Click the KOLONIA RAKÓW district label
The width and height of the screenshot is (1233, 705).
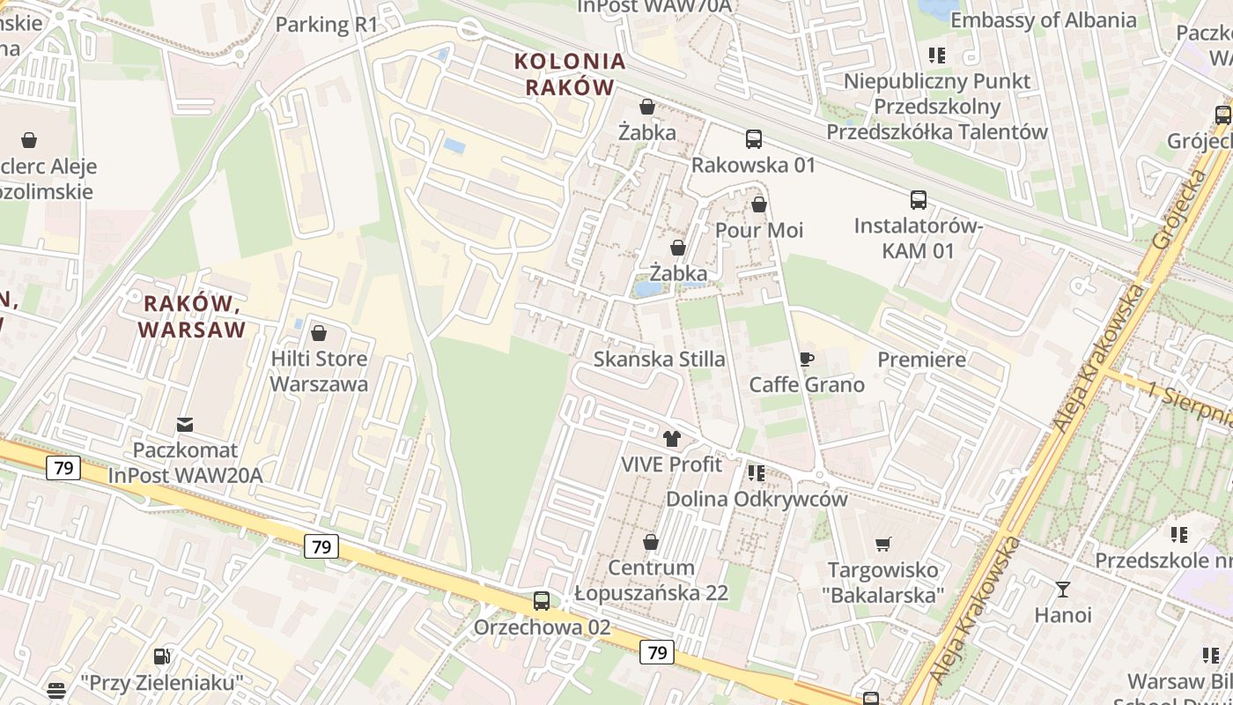pyautogui.click(x=570, y=74)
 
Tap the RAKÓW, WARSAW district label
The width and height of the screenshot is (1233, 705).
pyautogui.click(x=192, y=316)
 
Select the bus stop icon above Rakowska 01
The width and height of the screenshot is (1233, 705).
pyautogui.click(x=754, y=139)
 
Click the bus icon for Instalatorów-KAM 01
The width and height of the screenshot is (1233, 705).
pyautogui.click(x=919, y=200)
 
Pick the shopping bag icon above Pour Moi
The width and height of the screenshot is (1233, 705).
pyautogui.click(x=759, y=204)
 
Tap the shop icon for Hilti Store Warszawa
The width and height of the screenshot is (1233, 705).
pyautogui.click(x=319, y=333)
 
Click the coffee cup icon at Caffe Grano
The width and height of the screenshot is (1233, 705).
pyautogui.click(x=806, y=359)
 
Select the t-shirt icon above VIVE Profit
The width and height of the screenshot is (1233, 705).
pyautogui.click(x=672, y=438)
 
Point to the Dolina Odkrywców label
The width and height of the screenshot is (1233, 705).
pyautogui.click(x=757, y=499)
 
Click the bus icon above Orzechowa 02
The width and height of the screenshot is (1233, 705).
pyautogui.click(x=542, y=601)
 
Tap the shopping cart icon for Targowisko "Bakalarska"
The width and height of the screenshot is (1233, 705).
pyautogui.click(x=883, y=544)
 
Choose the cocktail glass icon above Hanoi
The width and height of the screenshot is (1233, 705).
pyautogui.click(x=1063, y=589)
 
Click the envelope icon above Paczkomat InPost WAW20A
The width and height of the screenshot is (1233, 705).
pyautogui.click(x=185, y=425)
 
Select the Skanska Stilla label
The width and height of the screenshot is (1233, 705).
pyautogui.click(x=660, y=359)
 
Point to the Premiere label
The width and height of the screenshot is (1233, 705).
pyautogui.click(x=922, y=360)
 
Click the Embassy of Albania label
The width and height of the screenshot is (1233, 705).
pyautogui.click(x=1044, y=20)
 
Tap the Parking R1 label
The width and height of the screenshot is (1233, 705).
pyautogui.click(x=326, y=25)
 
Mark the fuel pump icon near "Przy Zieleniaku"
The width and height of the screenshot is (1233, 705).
pyautogui.click(x=161, y=656)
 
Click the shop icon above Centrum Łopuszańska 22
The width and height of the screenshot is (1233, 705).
pyautogui.click(x=651, y=541)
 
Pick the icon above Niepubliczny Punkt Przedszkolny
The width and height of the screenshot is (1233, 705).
pyautogui.click(x=937, y=56)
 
